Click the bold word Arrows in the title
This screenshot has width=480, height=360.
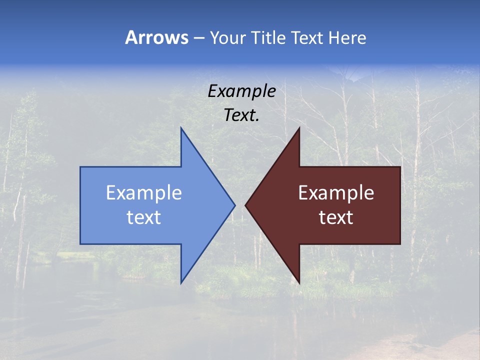pyautogui.click(x=156, y=37)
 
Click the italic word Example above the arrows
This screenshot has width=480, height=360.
pyautogui.click(x=242, y=91)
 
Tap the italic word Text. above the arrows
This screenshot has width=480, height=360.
pyautogui.click(x=242, y=115)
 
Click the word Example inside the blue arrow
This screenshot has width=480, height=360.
pyautogui.click(x=144, y=193)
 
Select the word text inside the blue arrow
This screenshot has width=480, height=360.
pyautogui.click(x=144, y=217)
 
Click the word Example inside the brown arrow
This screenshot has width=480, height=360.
pyautogui.click(x=336, y=193)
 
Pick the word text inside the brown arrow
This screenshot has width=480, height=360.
pyautogui.click(x=336, y=217)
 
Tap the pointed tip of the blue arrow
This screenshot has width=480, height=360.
pyautogui.click(x=234, y=205)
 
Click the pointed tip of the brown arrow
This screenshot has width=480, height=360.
pyautogui.click(x=245, y=205)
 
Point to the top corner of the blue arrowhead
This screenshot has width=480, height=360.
pyautogui.click(x=181, y=128)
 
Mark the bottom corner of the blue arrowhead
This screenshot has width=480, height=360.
pyautogui.click(x=181, y=283)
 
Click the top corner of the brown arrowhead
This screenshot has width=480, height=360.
pyautogui.click(x=299, y=128)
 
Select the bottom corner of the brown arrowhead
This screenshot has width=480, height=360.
pyautogui.click(x=299, y=283)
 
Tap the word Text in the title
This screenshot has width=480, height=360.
pyautogui.click(x=307, y=38)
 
